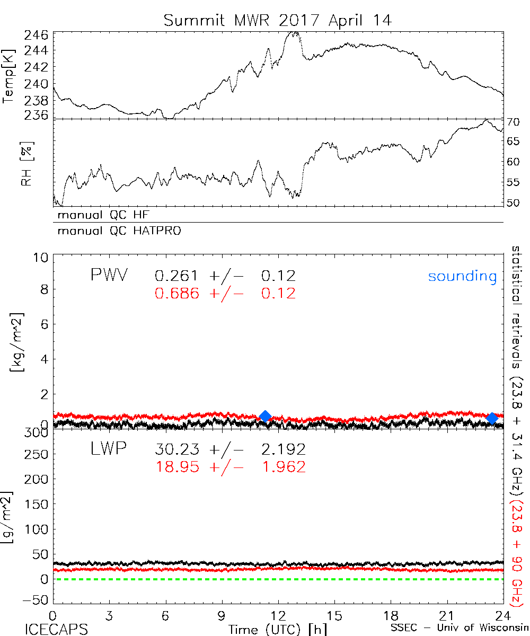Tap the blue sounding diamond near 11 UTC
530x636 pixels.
pos(266,416)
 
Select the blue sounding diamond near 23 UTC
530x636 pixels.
pos(492,418)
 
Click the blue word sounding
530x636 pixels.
pos(462,276)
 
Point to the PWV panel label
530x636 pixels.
pos(109,276)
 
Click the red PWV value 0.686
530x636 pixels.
pos(177,293)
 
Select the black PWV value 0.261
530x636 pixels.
pos(177,276)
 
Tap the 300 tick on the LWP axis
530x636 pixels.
pos(36,433)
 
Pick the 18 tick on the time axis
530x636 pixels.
pos(391,616)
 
